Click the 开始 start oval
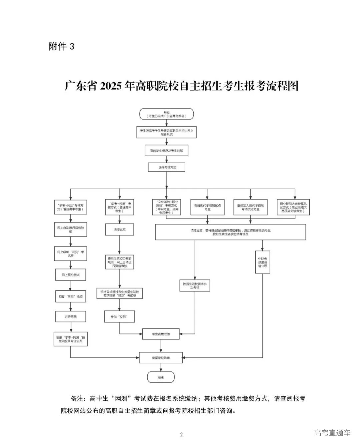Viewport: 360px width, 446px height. (166, 114)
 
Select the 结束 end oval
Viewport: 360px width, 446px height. (161, 377)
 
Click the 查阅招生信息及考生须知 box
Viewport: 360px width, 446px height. (166, 151)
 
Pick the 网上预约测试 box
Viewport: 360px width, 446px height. (70, 275)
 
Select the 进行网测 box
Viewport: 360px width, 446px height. (70, 316)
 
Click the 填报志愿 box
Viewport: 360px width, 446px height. (120, 230)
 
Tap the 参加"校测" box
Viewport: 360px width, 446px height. (120, 316)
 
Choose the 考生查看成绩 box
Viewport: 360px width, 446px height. (161, 333)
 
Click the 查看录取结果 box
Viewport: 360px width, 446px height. (161, 358)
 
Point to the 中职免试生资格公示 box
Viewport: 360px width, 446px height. (262, 262)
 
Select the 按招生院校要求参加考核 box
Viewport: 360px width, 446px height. (195, 285)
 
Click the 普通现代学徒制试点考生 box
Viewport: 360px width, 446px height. (207, 207)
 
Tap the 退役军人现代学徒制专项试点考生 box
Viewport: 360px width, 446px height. (251, 207)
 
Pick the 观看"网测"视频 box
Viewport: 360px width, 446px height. (70, 296)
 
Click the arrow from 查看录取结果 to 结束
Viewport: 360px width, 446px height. (161, 367)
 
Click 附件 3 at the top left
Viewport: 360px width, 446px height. (61, 46)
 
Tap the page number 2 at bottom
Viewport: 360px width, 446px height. (181, 434)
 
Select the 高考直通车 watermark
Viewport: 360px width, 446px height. (332, 433)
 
